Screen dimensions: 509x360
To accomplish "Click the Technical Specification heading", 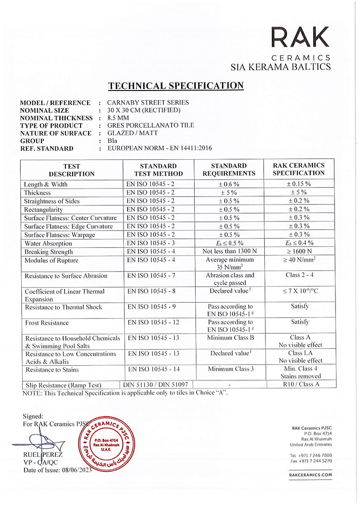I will [176, 86].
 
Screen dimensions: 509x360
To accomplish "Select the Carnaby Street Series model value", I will [148, 102].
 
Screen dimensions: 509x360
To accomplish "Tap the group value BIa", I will [113, 140].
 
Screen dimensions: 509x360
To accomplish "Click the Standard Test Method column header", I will [158, 170].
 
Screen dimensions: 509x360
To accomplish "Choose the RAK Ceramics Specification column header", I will [299, 170].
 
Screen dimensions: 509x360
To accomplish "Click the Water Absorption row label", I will [49, 243].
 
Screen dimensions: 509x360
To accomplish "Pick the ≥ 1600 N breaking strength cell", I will [299, 251].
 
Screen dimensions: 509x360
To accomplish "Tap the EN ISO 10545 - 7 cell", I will [151, 276].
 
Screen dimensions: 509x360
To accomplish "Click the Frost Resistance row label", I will [47, 323].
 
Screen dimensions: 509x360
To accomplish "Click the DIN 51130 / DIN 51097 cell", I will [155, 385].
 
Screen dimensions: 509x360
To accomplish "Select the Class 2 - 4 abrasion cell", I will [299, 275].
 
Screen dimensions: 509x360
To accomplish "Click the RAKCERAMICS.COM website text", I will [311, 475].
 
